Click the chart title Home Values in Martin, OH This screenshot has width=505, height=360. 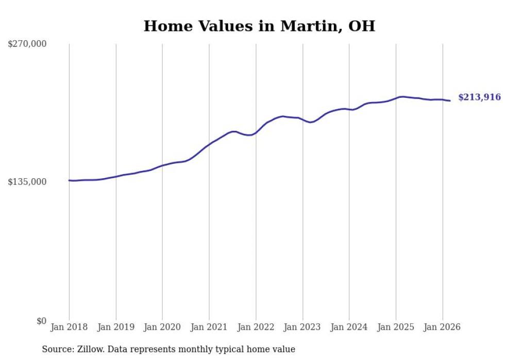pyautogui.click(x=259, y=26)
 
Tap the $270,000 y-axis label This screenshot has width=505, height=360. pyautogui.click(x=27, y=44)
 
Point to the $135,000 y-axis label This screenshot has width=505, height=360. pyautogui.click(x=27, y=182)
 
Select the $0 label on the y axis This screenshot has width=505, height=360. pyautogui.click(x=41, y=321)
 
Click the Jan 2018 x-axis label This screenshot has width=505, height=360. pyautogui.click(x=69, y=327)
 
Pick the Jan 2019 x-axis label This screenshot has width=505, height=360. pyautogui.click(x=116, y=327)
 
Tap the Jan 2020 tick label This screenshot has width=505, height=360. pyautogui.click(x=162, y=327)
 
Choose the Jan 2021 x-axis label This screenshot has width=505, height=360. pyautogui.click(x=209, y=327)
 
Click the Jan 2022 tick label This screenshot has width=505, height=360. pyautogui.click(x=256, y=327)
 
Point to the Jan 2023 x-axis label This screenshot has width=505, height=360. pyautogui.click(x=302, y=327)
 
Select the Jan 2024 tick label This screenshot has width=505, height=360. pyautogui.click(x=349, y=327)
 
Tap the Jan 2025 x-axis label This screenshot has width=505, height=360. pyautogui.click(x=396, y=327)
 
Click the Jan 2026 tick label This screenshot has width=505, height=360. pyautogui.click(x=442, y=327)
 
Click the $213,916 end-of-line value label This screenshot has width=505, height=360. pyautogui.click(x=479, y=97)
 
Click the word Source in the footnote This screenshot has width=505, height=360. pyautogui.click(x=56, y=349)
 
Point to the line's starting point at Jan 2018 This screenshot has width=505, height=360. pyautogui.click(x=69, y=180)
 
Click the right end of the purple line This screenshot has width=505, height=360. pyautogui.click(x=450, y=100)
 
